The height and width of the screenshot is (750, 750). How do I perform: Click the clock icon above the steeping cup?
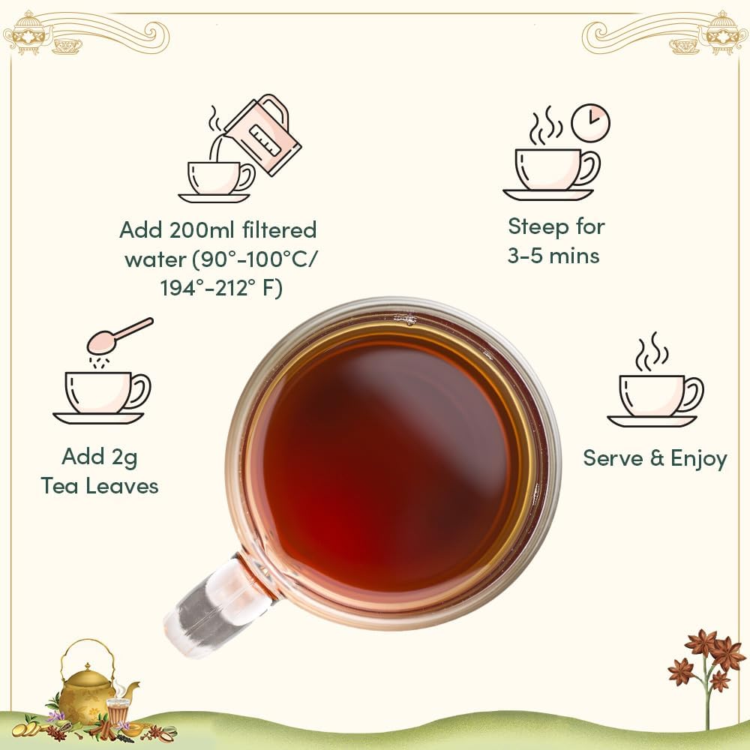point(591,122)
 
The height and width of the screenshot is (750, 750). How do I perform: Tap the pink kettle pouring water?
point(263,135)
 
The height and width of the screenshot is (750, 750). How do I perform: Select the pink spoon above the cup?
point(119,336)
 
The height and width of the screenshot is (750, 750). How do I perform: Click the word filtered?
point(279,230)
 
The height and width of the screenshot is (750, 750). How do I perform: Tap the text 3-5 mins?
point(553,256)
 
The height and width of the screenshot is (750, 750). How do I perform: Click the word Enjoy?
point(699,459)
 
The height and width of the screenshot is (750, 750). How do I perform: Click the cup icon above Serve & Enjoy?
point(654,388)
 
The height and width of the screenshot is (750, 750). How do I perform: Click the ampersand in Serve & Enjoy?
point(657,458)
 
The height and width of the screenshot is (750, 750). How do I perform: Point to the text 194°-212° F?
point(221,288)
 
